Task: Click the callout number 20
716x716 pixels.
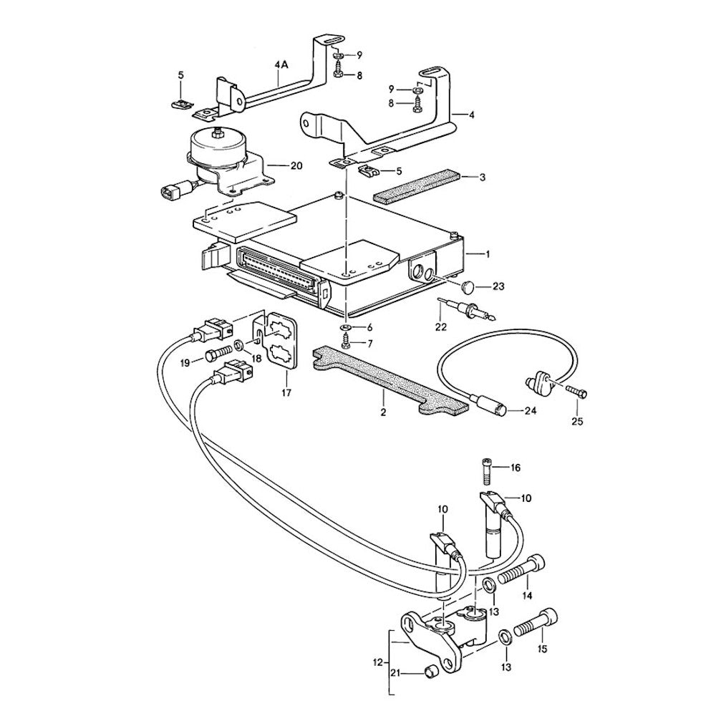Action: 297,165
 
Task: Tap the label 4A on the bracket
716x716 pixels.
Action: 281,64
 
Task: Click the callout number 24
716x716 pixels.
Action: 529,410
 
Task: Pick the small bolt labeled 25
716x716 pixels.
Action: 574,392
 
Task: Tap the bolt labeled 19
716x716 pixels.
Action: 216,354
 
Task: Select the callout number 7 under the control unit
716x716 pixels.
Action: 369,343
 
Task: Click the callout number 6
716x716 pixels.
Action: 369,326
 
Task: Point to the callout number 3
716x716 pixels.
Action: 483,176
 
